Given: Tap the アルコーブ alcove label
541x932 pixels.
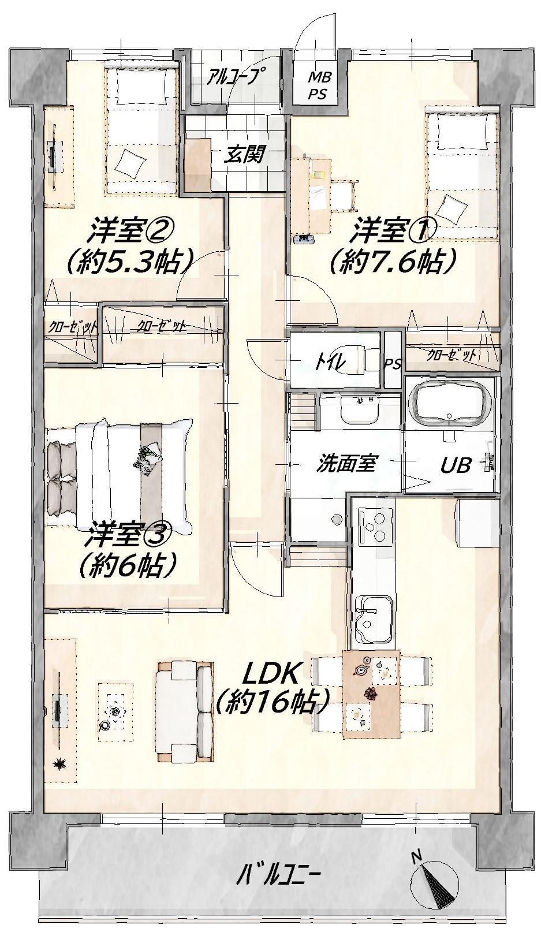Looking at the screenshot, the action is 236,77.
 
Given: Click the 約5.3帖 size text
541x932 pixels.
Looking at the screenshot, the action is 129,260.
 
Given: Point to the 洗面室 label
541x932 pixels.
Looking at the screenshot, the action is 346,464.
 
